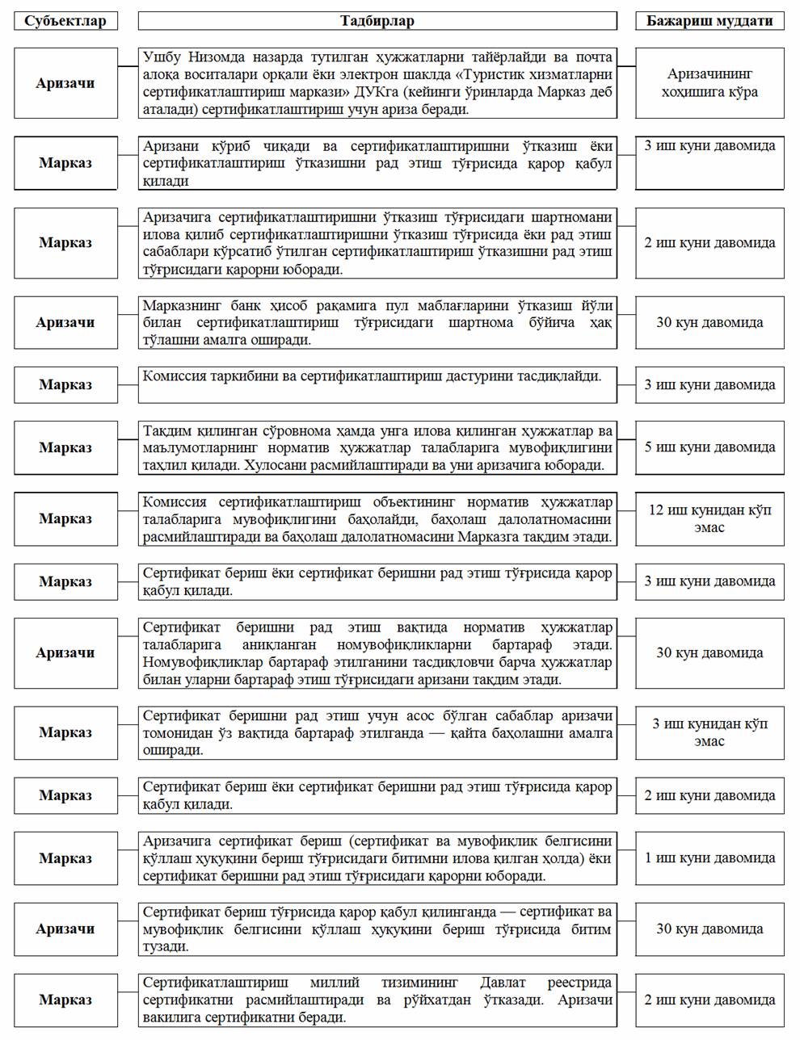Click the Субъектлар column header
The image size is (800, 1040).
[x=65, y=21]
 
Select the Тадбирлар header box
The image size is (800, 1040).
[x=377, y=21]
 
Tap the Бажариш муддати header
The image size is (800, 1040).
[x=709, y=21]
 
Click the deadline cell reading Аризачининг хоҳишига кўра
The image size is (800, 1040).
[x=709, y=83]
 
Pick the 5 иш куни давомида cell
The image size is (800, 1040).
[x=709, y=447]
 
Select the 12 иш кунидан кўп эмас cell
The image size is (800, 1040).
[x=709, y=519]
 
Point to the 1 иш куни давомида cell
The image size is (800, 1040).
[x=709, y=858]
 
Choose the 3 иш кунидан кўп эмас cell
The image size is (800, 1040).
[x=709, y=732]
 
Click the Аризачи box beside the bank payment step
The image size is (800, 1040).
[x=65, y=322]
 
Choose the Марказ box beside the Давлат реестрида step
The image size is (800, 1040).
[x=65, y=1000]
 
